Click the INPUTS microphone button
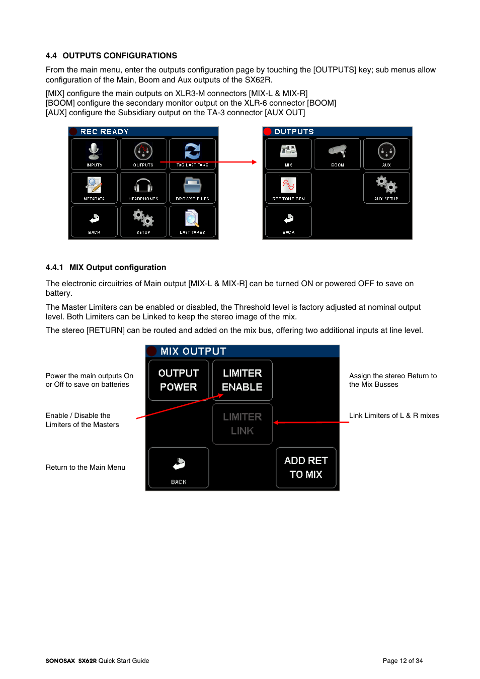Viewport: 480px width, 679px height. pos(94,154)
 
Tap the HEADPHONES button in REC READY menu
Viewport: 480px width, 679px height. pos(143,188)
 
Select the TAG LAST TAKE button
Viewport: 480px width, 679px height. pos(192,154)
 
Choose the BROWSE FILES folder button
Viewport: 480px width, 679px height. pos(192,188)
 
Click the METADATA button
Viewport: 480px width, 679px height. pos(94,188)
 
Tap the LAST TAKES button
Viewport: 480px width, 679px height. pos(192,221)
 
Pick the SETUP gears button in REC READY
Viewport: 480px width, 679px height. pos(143,221)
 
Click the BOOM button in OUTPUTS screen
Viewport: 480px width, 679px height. pos(337,154)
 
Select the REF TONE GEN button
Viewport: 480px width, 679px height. pos(288,188)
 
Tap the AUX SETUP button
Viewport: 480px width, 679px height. pos(386,188)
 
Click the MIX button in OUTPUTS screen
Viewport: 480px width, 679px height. pos(288,154)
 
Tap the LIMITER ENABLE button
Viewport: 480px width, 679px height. pos(242,380)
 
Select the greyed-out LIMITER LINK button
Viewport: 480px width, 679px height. pos(242,424)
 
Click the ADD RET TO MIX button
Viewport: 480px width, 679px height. pos(306,467)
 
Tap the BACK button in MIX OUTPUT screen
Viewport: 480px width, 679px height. pos(179,467)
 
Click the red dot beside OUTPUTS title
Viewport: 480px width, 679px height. pos(268,132)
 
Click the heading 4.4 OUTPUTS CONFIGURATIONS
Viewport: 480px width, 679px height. pos(111,56)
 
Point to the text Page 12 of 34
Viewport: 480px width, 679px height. pos(403,661)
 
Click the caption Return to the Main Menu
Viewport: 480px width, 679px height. pos(86,468)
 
